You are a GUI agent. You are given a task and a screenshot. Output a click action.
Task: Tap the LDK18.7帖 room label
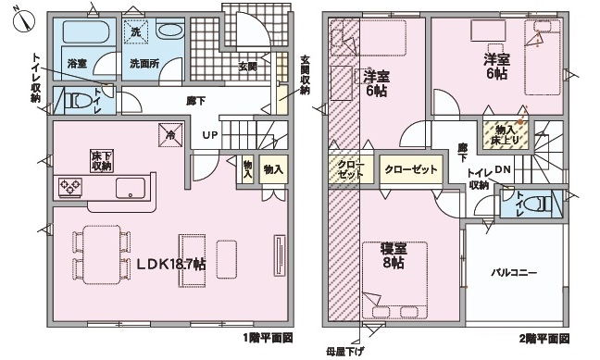(171, 265)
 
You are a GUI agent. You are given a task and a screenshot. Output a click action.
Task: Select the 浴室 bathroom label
(76, 64)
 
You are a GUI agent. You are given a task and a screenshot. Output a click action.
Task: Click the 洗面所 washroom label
(144, 64)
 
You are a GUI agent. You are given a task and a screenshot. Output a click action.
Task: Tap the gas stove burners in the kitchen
(71, 187)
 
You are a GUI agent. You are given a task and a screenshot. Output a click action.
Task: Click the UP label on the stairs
(210, 135)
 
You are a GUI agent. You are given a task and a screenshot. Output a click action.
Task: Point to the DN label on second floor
(501, 169)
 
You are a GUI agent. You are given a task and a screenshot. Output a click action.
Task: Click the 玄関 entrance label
(247, 66)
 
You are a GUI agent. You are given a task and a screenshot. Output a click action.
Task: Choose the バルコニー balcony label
(514, 274)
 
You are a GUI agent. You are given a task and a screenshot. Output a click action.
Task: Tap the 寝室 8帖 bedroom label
(393, 254)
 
